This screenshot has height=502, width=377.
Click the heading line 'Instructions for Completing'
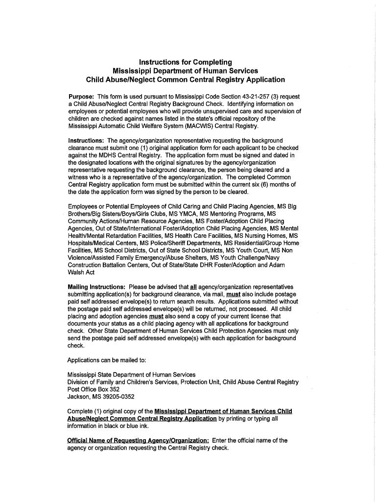point(185,62)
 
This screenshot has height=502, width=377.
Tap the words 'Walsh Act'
point(81,272)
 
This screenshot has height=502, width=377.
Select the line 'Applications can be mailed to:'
point(107,360)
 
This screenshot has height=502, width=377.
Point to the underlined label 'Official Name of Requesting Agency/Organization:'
point(138,440)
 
